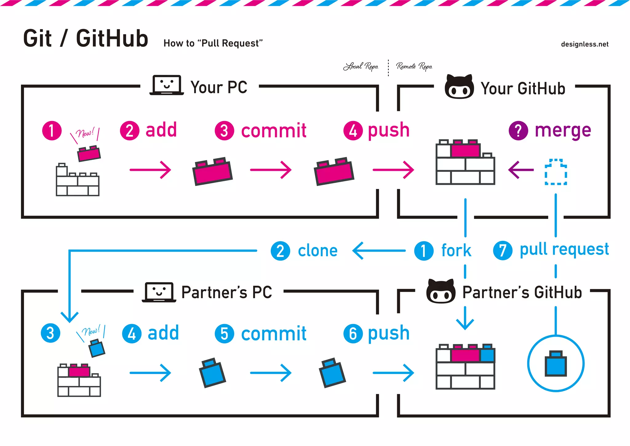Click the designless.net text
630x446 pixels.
pos(584,44)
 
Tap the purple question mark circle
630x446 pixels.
pos(518,131)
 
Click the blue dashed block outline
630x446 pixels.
pos(556,172)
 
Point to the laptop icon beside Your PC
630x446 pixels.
pos(167,85)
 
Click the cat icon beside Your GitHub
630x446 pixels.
pos(459,87)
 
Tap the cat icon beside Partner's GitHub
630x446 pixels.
pos(441,292)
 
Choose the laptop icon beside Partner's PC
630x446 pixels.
pos(159,292)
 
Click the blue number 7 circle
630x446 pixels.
pos(503,250)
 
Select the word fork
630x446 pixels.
pos(456,250)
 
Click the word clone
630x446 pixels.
pos(318,251)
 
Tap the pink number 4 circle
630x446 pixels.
pos(353,131)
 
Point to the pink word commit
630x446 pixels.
pos(274,131)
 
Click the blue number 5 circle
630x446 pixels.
pos(224,334)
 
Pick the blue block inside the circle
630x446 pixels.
pos(556,364)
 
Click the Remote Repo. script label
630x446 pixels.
pos(414,66)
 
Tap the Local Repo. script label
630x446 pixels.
pos(361,66)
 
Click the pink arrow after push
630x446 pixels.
pos(393,170)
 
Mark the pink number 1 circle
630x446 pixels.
pos(52,131)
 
